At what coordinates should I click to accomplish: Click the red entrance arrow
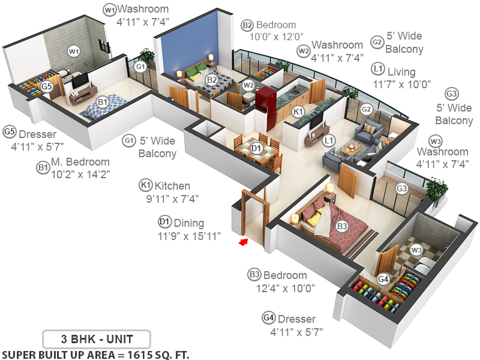point(243,242)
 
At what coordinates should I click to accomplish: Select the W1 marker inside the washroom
point(74,52)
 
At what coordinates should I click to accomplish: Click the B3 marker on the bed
point(341,226)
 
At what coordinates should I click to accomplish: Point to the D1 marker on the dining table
point(256,148)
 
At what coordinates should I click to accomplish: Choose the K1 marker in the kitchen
point(298,112)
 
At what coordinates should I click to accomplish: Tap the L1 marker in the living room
point(328,140)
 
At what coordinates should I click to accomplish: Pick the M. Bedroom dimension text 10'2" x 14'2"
point(81,175)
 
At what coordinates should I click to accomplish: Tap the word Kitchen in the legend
point(172,185)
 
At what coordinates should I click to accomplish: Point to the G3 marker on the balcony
point(401,188)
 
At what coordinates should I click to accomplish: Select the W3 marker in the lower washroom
point(416,249)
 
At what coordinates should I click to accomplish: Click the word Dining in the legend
point(189,223)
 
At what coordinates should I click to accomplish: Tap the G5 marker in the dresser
point(47,86)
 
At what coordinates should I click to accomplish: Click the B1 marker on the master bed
point(103,102)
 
